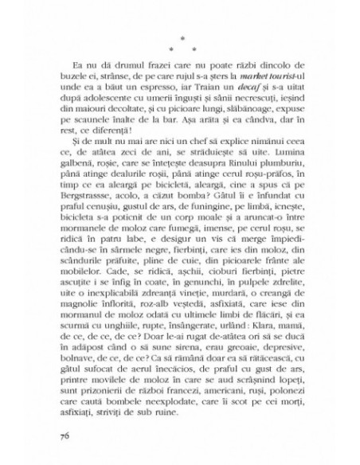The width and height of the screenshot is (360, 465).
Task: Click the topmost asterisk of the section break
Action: click(x=179, y=37)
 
